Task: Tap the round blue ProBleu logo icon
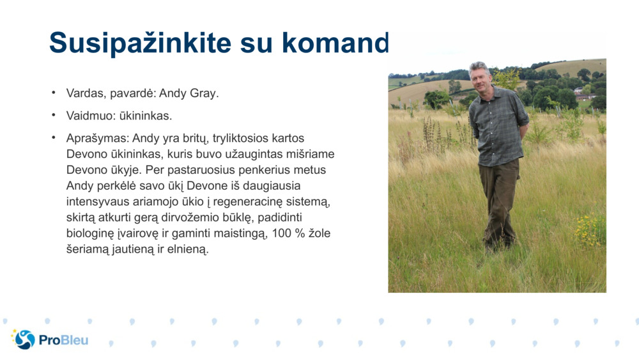[x=24, y=340]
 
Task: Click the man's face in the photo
[x=481, y=76]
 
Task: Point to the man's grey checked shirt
[x=498, y=125]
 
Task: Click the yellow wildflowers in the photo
[x=590, y=230]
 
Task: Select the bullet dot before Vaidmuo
[x=54, y=116]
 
